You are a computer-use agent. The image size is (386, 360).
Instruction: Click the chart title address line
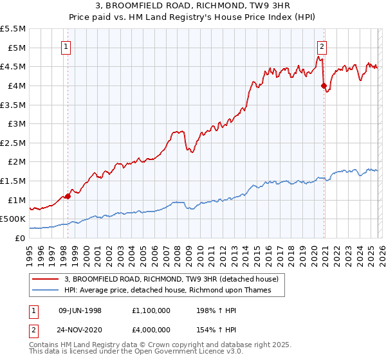tap(193, 6)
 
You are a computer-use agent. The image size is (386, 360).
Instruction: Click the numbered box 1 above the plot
tap(68, 46)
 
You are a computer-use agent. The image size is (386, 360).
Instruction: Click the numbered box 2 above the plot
tap(322, 46)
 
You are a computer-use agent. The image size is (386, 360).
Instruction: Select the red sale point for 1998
tap(68, 196)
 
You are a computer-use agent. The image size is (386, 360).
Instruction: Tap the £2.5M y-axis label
tap(14, 143)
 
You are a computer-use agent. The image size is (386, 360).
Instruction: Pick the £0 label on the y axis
tap(20, 238)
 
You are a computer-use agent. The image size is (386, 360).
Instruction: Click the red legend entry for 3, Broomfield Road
tap(170, 279)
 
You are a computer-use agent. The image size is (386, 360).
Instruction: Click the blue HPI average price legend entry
tap(167, 290)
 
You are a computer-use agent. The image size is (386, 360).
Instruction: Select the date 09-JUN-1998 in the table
tap(80, 310)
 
